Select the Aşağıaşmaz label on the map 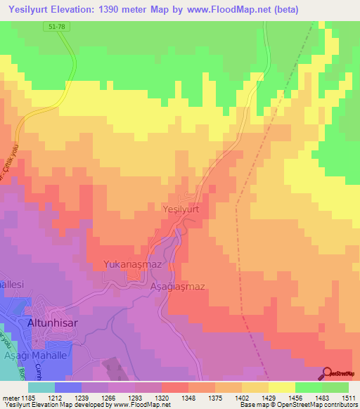click(177, 287)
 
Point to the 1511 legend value click(348, 398)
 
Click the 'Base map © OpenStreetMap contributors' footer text click(296, 405)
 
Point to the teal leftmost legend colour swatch click(41, 387)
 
